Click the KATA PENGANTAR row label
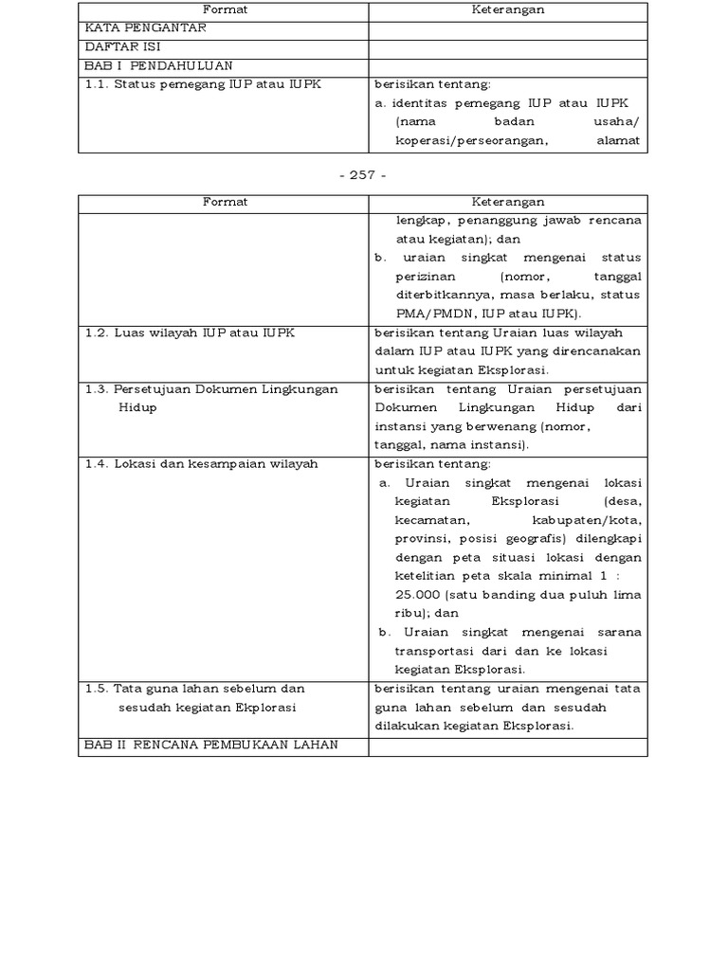click(145, 28)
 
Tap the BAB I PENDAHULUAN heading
click(158, 65)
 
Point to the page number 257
click(363, 176)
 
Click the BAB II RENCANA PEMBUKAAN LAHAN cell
click(210, 745)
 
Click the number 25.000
click(422, 594)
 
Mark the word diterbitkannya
click(443, 295)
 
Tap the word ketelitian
click(426, 576)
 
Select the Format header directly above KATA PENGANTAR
click(224, 10)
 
